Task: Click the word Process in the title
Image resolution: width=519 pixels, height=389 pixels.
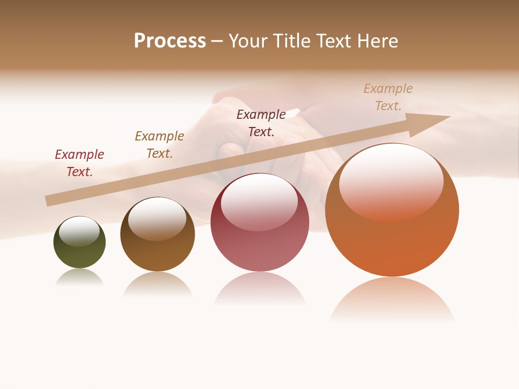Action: pyautogui.click(x=170, y=41)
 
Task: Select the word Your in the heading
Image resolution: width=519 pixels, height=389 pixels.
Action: pyautogui.click(x=248, y=41)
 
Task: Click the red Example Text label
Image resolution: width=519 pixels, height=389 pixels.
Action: pyautogui.click(x=79, y=163)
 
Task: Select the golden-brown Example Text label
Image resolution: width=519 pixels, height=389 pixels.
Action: pyautogui.click(x=159, y=145)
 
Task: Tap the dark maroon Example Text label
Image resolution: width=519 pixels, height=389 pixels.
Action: pyautogui.click(x=261, y=123)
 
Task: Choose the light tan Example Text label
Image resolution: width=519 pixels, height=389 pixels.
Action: pyautogui.click(x=388, y=97)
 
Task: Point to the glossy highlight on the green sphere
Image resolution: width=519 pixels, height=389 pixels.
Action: pyautogui.click(x=79, y=231)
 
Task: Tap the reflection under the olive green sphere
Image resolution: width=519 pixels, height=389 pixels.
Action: pyautogui.click(x=79, y=278)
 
